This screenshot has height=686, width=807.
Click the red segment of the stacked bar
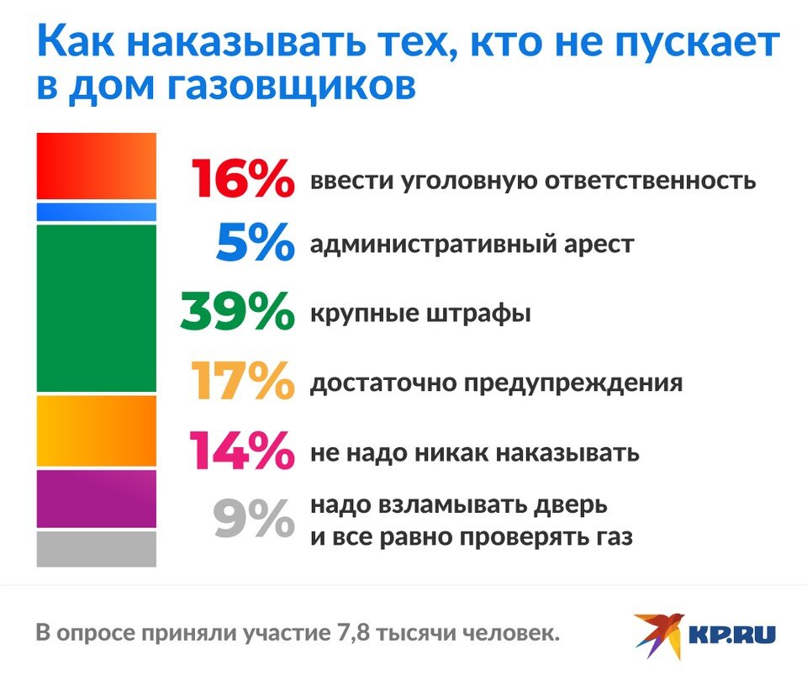point(96,166)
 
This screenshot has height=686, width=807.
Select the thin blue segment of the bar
point(96,212)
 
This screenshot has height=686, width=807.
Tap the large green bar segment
point(96,309)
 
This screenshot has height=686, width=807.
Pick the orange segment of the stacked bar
point(96,430)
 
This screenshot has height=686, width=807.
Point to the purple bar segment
point(96,499)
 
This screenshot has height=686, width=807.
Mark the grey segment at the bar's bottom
point(96,549)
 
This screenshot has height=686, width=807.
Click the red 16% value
point(243,178)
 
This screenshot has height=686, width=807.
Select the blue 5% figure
point(256,242)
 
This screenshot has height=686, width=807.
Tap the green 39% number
point(237,311)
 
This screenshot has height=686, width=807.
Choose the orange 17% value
point(243,380)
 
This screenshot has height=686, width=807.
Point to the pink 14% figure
point(242,450)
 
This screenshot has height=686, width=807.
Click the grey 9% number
point(254,519)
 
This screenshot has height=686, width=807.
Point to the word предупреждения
point(573,384)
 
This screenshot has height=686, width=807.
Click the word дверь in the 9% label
point(571,506)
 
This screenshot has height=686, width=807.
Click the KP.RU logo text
point(732,635)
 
